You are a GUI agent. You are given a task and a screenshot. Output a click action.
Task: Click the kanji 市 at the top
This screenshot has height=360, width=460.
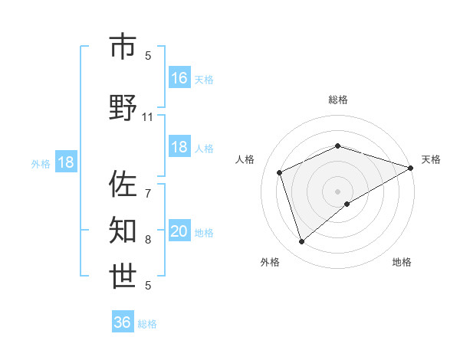(123, 47)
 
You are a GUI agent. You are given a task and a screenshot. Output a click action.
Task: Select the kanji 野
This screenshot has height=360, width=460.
(123, 109)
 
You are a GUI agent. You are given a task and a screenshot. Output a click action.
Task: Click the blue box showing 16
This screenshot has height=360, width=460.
(179, 78)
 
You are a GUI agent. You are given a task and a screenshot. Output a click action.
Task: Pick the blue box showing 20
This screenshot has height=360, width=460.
(179, 232)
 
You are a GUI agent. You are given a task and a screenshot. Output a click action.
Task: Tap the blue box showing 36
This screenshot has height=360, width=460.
(123, 322)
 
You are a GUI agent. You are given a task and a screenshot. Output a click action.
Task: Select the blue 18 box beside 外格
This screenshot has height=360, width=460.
(65, 163)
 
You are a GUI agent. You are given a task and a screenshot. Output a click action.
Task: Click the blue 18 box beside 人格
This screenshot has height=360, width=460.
(179, 148)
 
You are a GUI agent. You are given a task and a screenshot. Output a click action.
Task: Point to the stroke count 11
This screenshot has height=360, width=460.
(148, 117)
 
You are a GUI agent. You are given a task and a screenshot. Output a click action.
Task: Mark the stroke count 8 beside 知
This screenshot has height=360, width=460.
(148, 240)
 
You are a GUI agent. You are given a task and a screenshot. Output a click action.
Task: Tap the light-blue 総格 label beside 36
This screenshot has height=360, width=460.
(147, 324)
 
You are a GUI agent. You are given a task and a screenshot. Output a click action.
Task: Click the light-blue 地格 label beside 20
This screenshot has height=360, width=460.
(204, 233)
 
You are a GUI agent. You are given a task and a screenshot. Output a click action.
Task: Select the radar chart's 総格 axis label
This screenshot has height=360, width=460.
(337, 100)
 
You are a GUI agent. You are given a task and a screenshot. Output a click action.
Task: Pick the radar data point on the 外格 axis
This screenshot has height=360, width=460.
(301, 242)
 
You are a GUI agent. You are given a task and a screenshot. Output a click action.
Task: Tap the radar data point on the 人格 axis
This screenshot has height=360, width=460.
(280, 172)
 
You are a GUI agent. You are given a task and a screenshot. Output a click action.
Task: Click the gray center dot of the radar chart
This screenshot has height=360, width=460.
(337, 191)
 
